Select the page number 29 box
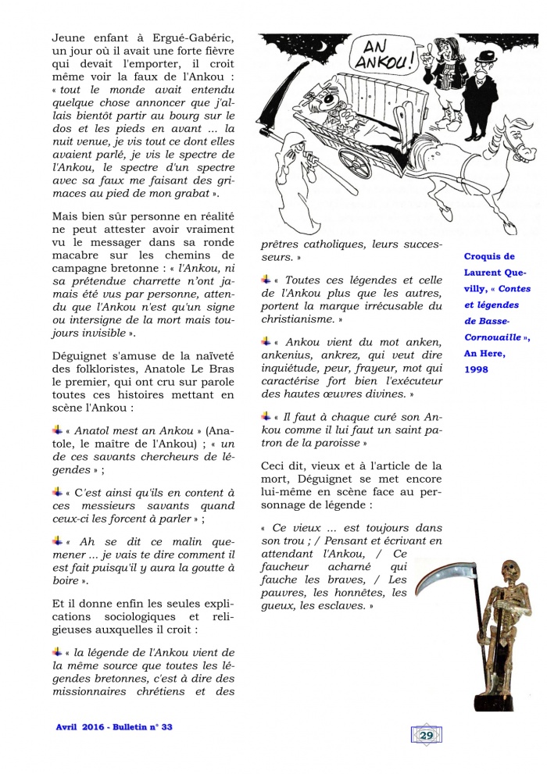click(427, 734)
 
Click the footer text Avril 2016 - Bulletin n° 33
click(114, 726)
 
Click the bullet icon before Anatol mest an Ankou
click(57, 430)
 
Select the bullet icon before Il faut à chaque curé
click(266, 417)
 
